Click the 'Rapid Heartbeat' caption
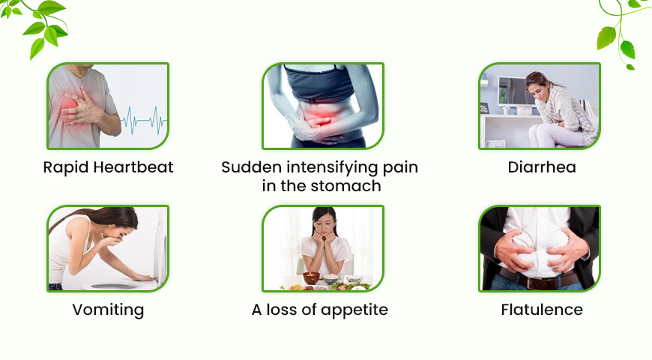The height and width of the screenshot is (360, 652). click(x=108, y=167)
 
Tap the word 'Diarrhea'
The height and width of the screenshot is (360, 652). click(x=542, y=167)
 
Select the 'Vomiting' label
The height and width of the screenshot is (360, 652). click(x=108, y=309)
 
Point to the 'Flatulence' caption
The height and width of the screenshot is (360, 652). click(x=542, y=309)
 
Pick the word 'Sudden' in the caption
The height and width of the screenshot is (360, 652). click(x=248, y=167)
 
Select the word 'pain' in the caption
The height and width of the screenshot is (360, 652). click(x=400, y=167)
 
